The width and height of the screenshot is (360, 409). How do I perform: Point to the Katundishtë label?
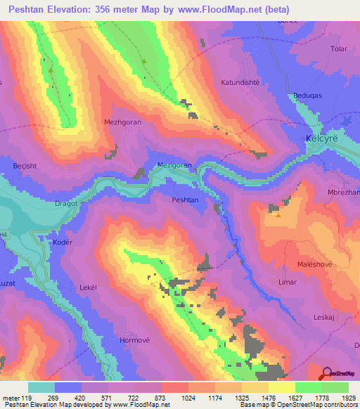click(x=240, y=82)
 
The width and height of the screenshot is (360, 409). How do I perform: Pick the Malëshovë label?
click(x=307, y=265)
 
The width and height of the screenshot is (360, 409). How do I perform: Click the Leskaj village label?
click(x=323, y=317)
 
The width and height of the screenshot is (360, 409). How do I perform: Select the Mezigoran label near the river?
click(x=174, y=165)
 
